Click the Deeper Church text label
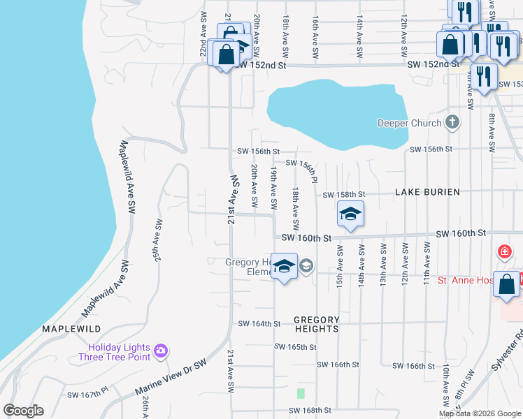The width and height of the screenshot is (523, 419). [x=409, y=123]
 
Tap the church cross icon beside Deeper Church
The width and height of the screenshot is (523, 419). [x=453, y=123]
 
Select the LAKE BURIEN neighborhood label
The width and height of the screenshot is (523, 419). [x=427, y=192]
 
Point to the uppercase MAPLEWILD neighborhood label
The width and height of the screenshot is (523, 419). [x=71, y=328]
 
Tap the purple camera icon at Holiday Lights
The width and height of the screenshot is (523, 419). [x=161, y=349]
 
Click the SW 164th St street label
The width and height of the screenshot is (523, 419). [x=259, y=324]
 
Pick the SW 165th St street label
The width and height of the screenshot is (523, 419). [x=295, y=347]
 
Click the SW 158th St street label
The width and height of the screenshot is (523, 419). [x=344, y=194]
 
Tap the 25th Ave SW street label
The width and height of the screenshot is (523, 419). [x=158, y=241]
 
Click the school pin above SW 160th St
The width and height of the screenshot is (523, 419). [x=350, y=214]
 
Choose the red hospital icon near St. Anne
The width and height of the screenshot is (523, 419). [x=503, y=251]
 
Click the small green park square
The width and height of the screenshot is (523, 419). [x=301, y=394]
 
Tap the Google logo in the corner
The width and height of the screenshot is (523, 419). [x=23, y=411]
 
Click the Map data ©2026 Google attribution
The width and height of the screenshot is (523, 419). [x=479, y=413]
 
